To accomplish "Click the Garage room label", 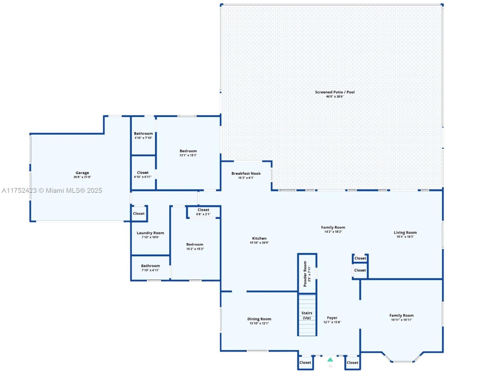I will pos(82,173).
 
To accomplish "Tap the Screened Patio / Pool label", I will pos(335,92).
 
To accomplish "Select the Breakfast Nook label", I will pos(246,174).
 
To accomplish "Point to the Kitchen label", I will pos(259,238).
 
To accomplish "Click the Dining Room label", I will pos(259,319).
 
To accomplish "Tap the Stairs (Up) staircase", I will pos(307,315).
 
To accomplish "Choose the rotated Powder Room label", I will pos(305,274).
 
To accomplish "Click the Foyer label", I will pos(332,318).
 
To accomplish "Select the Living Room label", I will pos(405,233).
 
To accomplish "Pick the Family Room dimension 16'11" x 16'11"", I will pos(402,320).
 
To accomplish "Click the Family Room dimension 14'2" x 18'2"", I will pos(333,232).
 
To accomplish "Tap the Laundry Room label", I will pos(150,233).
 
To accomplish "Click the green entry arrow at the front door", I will pos(330,360).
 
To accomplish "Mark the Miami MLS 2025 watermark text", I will pos(52,190).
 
